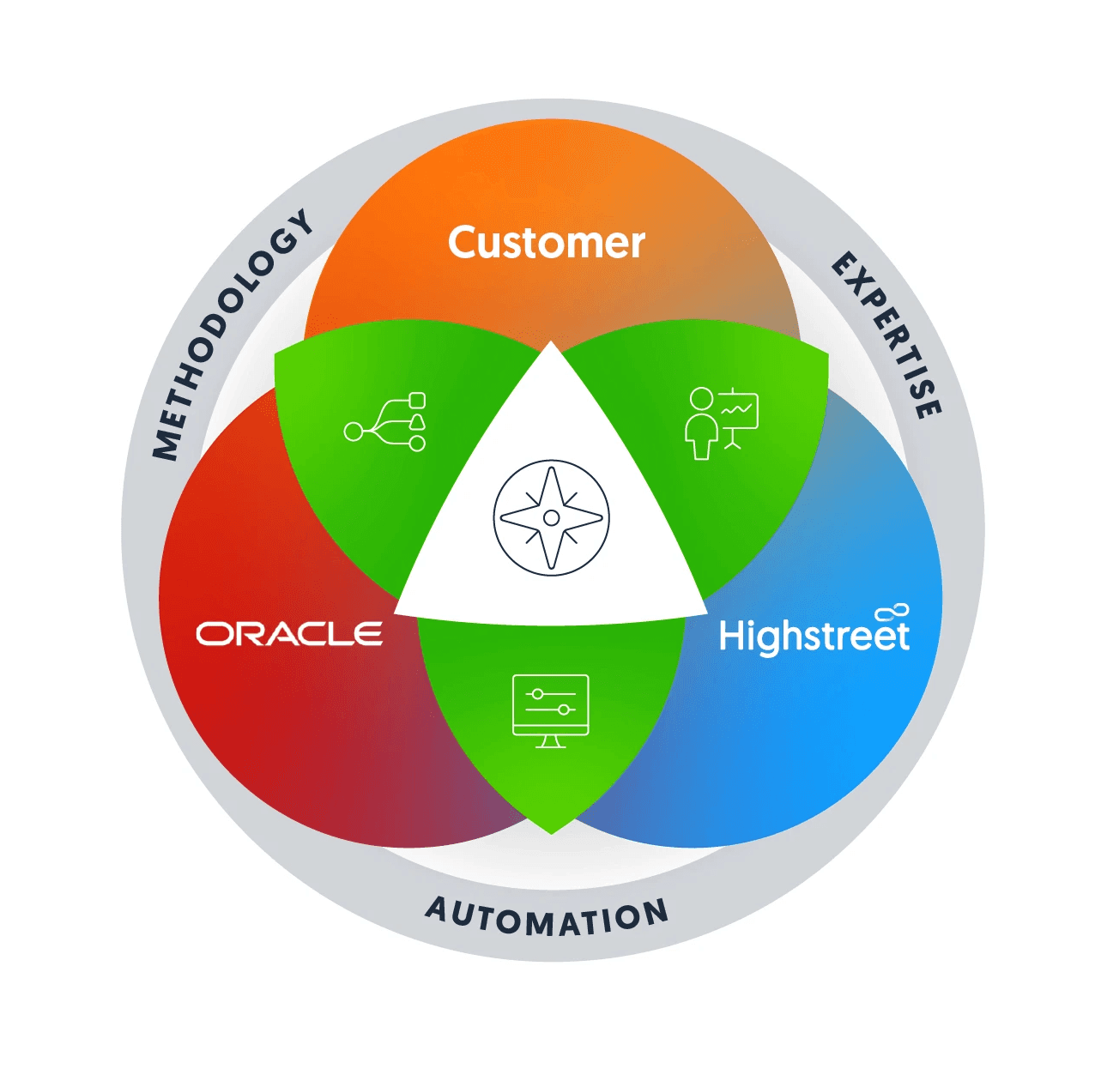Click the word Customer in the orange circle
coord(546,243)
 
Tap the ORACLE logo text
coord(289,634)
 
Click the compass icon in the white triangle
coord(551,517)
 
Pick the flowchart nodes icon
coord(385,422)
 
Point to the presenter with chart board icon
coord(722,423)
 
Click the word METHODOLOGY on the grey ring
coord(230,335)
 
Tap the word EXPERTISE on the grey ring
coord(889,335)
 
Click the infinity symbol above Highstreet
coord(892,613)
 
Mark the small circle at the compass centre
coord(551,517)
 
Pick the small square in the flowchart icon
coord(417,400)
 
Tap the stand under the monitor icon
coord(550,742)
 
